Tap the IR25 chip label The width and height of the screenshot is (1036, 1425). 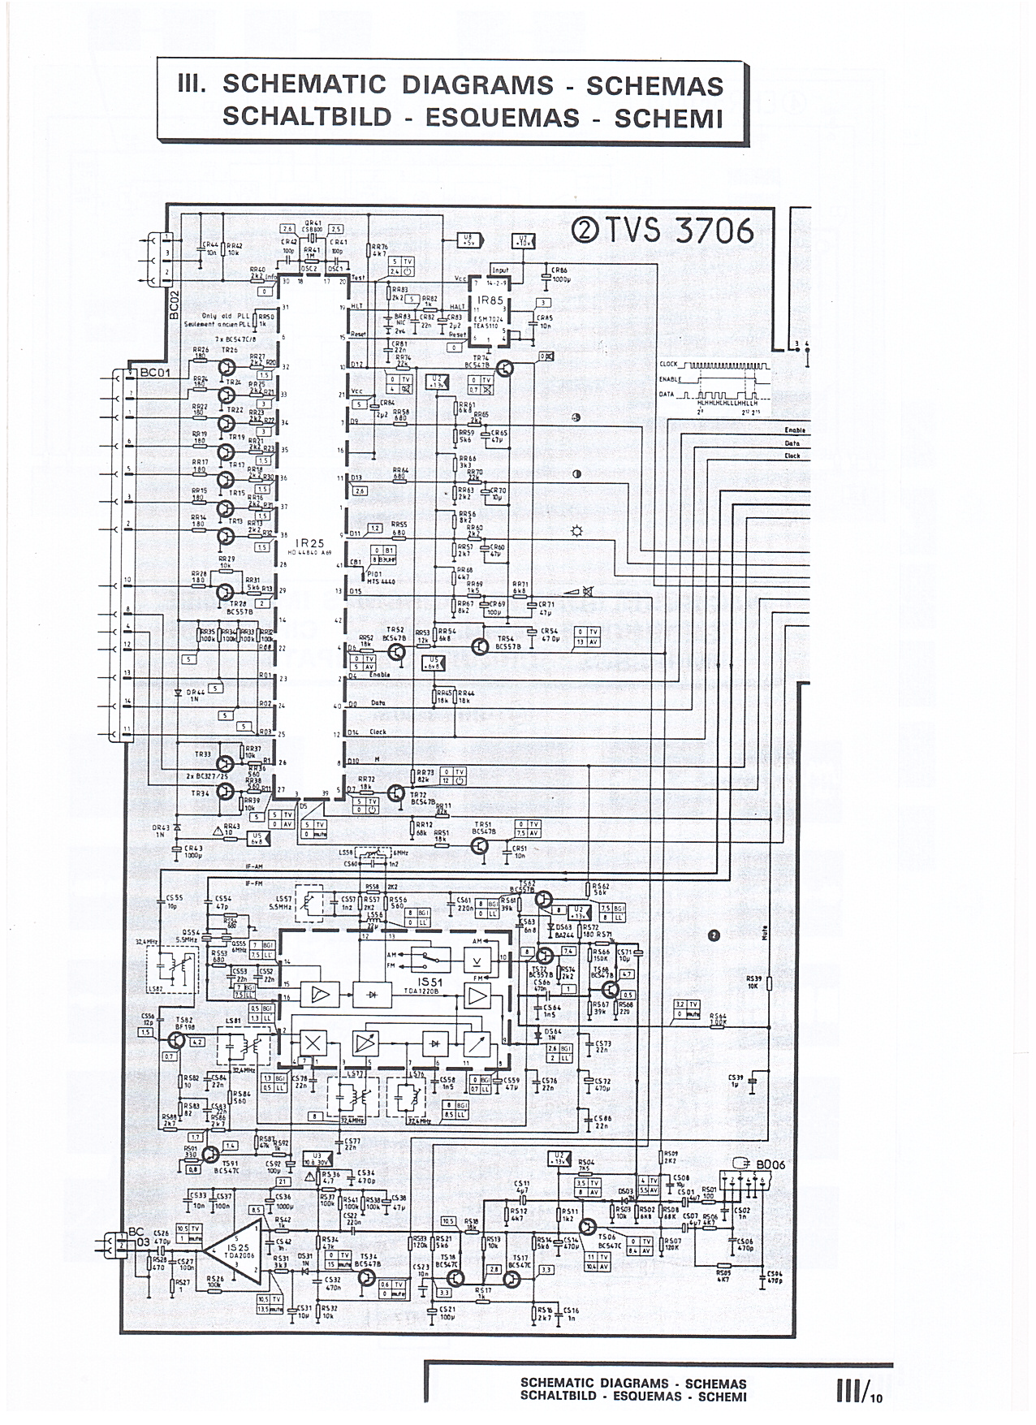click(x=307, y=542)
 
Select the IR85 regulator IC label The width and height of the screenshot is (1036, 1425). click(x=491, y=301)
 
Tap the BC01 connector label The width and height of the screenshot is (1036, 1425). click(x=153, y=372)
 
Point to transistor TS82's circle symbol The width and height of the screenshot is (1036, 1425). click(x=176, y=1040)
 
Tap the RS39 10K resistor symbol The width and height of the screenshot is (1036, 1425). click(x=769, y=984)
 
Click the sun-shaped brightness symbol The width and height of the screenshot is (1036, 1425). click(x=577, y=531)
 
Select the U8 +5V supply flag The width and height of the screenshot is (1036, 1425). click(x=468, y=240)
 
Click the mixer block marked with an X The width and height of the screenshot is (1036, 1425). click(x=313, y=1043)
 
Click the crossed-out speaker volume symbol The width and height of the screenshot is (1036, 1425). click(x=575, y=594)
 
